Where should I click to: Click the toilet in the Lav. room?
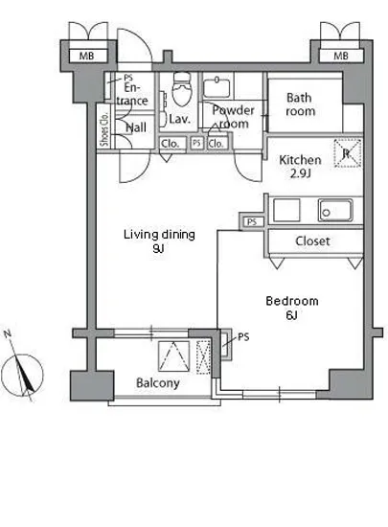tap(181, 88)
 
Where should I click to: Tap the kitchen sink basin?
tap(335, 210)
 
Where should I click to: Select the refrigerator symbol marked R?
tap(348, 153)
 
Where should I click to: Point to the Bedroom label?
tap(291, 301)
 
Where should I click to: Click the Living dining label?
tap(159, 234)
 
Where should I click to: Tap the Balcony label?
tap(157, 383)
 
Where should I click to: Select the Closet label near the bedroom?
tap(312, 241)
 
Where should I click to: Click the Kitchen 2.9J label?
tap(300, 167)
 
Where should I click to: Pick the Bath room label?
tap(300, 104)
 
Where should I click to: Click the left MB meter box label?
tap(86, 56)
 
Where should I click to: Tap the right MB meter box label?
tap(341, 56)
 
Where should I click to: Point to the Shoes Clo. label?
tap(105, 128)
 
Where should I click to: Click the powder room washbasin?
tap(217, 87)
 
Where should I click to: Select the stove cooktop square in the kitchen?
tap(286, 210)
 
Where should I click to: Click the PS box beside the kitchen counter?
tap(252, 222)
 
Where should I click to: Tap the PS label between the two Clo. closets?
tap(196, 143)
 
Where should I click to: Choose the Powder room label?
tap(233, 117)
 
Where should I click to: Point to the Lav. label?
tap(180, 119)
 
